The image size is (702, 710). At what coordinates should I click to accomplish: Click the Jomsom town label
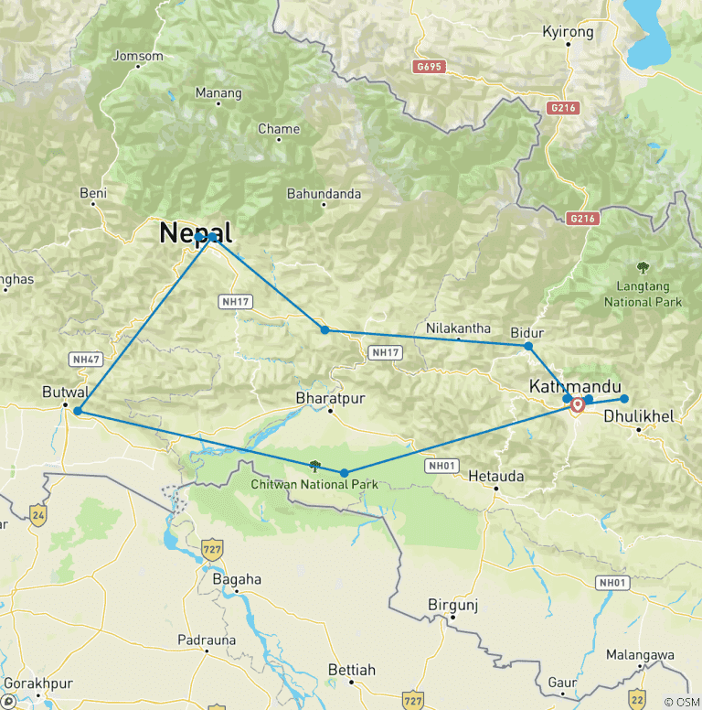137,56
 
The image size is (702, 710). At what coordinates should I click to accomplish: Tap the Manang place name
218,92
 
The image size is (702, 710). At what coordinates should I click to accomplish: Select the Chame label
279,129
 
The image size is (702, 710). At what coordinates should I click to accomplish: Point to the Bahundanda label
324,194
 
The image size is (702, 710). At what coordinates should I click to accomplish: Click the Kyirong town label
568,32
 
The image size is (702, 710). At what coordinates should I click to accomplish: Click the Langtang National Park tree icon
643,268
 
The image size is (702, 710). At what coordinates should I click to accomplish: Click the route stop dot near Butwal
78,411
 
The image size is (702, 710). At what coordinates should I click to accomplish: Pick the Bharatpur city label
330,398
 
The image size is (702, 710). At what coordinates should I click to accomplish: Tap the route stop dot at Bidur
528,346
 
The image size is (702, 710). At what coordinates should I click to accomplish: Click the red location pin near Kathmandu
578,405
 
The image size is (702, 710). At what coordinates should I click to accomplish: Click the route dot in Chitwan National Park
344,473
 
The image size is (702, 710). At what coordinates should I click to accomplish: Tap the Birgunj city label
453,605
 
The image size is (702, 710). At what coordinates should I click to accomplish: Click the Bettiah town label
351,671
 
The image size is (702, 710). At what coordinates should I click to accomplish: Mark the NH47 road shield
84,359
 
